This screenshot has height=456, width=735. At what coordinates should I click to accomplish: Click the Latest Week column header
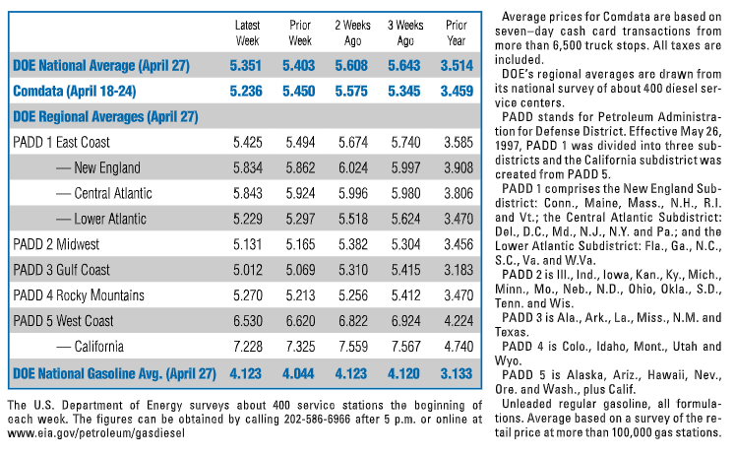[247, 33]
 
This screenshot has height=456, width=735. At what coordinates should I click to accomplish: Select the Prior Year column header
[457, 33]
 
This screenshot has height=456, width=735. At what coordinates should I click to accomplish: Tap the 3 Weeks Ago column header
[405, 33]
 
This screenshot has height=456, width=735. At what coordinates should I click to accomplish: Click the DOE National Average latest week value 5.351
[246, 66]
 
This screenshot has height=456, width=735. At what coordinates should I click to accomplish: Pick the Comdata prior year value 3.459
[457, 91]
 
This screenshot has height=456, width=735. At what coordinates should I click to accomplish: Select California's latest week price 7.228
[248, 347]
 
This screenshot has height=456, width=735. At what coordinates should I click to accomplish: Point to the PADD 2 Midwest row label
[56, 244]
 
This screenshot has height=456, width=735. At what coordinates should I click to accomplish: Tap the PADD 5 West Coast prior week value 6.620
[300, 321]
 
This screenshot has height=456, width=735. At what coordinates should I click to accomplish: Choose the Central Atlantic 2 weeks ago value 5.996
[353, 193]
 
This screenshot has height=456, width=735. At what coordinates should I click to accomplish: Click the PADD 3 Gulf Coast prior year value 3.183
[459, 270]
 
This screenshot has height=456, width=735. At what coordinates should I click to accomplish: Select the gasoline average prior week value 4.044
[298, 374]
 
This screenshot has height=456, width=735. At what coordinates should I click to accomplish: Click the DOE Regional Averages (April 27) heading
[105, 117]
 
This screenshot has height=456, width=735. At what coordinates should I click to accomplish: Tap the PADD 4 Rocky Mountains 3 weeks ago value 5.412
[406, 295]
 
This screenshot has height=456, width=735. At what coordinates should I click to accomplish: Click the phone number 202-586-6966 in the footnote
[317, 419]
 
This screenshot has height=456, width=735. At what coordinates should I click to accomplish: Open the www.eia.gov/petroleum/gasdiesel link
[96, 433]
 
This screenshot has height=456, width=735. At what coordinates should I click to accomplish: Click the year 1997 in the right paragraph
[507, 146]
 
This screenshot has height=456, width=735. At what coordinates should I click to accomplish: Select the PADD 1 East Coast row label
[61, 143]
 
